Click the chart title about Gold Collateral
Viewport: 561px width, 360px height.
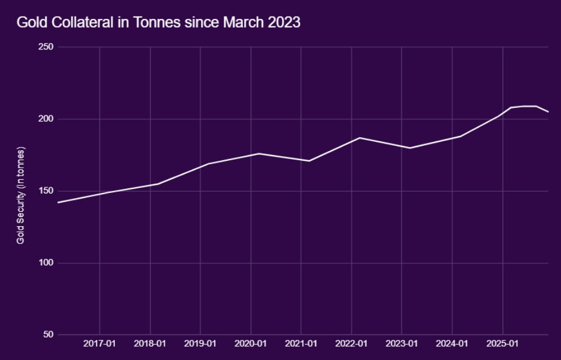(159, 22)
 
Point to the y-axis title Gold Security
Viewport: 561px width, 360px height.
(21, 195)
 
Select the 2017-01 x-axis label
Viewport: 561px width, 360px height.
(100, 344)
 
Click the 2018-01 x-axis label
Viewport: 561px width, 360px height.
(150, 344)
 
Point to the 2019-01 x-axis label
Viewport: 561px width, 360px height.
(200, 344)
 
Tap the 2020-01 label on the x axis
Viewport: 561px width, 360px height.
(251, 344)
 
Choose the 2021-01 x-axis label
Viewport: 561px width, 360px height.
(301, 344)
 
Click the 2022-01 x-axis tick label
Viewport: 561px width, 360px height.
(351, 344)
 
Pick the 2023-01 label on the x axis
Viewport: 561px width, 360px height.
(402, 344)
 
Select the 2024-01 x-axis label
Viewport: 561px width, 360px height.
(452, 344)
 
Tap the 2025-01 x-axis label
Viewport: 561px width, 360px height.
(502, 344)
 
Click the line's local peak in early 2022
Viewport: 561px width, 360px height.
(359, 138)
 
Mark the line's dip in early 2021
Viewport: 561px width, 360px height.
(309, 161)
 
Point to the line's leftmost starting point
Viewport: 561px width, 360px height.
(58, 203)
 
